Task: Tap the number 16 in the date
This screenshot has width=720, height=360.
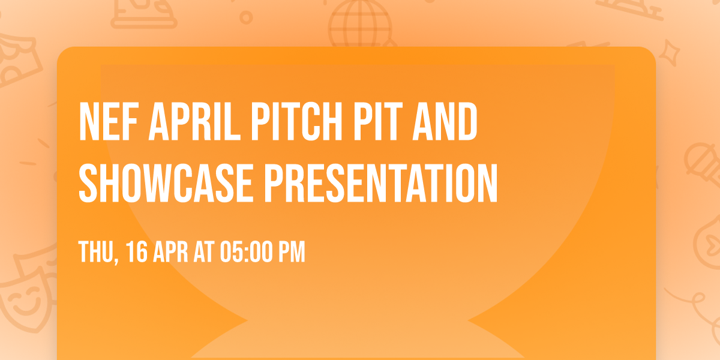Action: [137, 252]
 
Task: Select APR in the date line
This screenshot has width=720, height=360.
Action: [173, 252]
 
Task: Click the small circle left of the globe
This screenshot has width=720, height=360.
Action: [246, 19]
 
